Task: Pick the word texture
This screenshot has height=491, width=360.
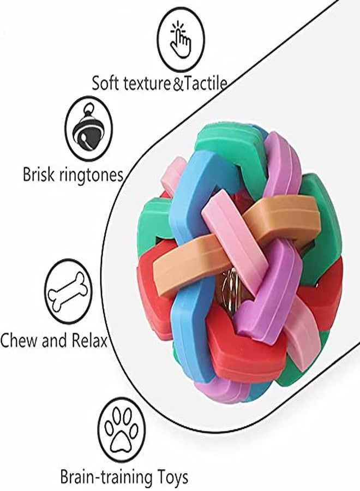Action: [x=147, y=84]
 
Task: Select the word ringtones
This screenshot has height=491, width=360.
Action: [x=91, y=175]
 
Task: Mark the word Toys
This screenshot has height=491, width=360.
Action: [x=173, y=478]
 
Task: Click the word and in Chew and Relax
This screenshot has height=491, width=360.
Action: [x=54, y=340]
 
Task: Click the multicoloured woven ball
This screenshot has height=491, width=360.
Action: [x=239, y=260]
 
